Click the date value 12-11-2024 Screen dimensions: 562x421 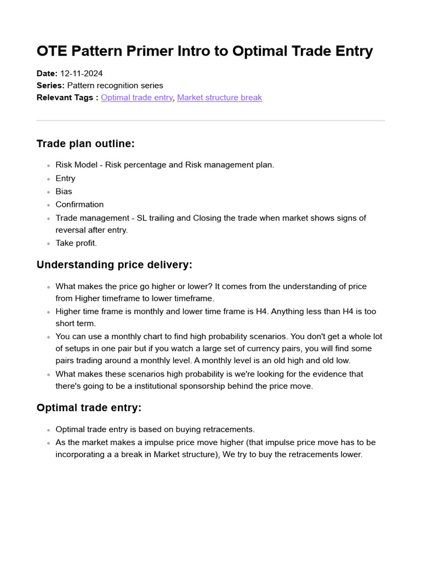(81, 74)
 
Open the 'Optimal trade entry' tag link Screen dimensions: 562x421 (136, 98)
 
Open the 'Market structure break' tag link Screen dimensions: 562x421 (219, 98)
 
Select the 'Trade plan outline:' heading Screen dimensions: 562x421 (86, 144)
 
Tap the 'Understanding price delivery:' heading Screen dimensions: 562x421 (115, 265)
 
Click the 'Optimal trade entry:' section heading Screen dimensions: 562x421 (89, 408)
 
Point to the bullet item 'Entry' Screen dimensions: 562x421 (65, 178)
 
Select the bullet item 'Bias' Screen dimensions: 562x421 (64, 192)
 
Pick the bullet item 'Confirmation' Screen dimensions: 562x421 (79, 205)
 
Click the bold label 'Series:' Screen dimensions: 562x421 (50, 86)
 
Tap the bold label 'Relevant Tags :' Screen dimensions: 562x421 (67, 98)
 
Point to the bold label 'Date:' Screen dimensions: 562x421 (47, 74)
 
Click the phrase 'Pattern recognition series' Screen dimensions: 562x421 (115, 86)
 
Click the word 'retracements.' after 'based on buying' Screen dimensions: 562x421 (229, 430)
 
